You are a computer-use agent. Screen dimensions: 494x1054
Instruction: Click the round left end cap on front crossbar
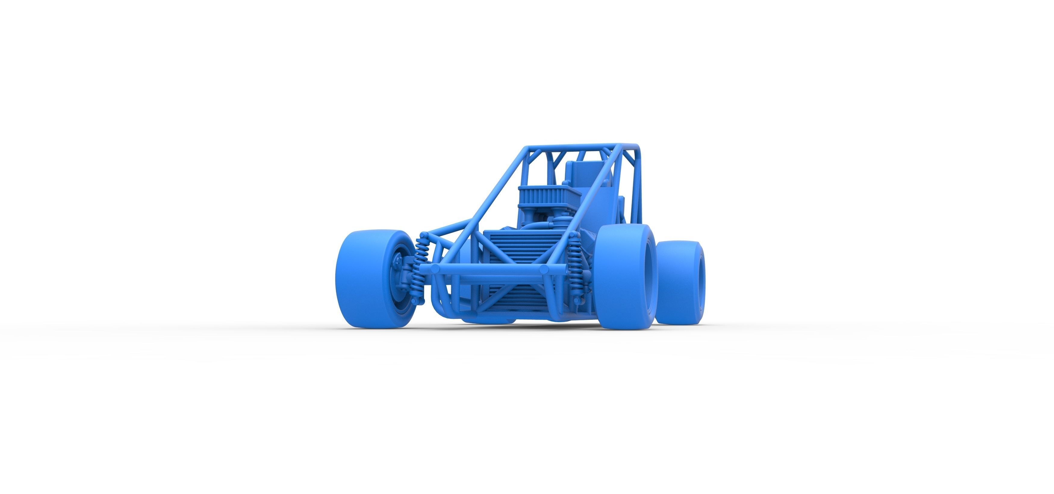[436, 269]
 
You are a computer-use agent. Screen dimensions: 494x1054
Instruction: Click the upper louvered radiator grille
[515, 246]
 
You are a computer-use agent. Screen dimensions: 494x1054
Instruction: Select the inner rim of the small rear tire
[701, 282]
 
